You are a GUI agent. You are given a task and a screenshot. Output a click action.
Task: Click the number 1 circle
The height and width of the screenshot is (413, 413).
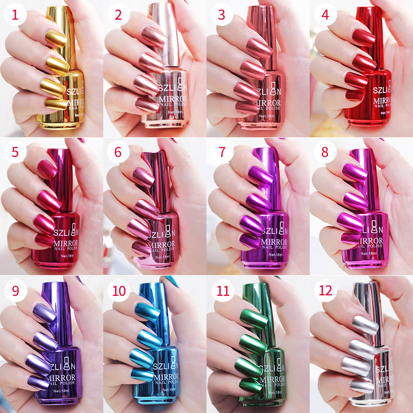point(15,15)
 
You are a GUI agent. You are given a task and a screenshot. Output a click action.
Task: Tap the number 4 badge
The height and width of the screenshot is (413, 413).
point(325,15)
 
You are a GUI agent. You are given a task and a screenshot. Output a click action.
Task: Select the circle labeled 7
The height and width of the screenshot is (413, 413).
point(221,153)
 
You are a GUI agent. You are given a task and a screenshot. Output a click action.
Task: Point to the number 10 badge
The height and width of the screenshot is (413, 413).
point(118,291)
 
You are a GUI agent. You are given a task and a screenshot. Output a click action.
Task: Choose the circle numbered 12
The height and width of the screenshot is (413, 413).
point(325,291)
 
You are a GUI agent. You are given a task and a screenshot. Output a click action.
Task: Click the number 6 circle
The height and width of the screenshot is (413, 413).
point(118,153)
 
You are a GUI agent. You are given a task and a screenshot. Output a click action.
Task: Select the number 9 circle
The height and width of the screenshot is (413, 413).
point(15,291)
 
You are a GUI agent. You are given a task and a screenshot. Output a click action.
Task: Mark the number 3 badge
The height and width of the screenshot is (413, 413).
point(221,15)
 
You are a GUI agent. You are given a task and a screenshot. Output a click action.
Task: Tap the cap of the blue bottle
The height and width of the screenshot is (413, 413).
point(155,310)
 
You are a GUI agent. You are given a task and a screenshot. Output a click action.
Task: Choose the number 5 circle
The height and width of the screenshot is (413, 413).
point(15,153)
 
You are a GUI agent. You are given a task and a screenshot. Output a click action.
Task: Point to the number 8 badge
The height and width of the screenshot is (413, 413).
point(325,153)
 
